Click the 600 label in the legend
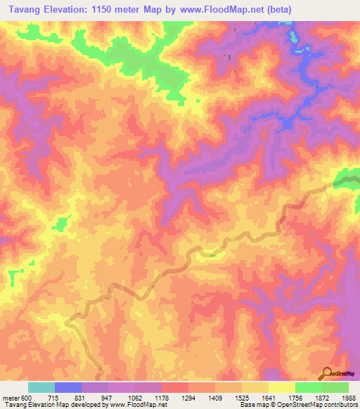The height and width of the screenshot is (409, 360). point(27,397)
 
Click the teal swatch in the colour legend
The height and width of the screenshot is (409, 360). point(41,387)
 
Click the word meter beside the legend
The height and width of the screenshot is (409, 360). point(11,397)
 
